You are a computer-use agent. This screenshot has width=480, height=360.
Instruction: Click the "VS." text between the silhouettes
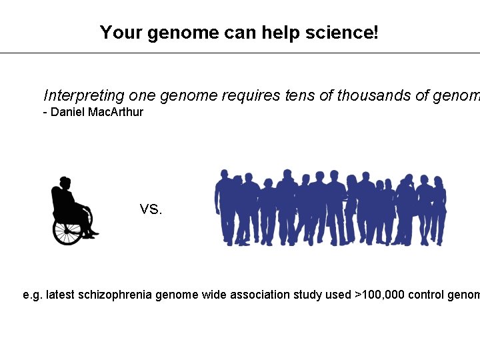click(x=151, y=210)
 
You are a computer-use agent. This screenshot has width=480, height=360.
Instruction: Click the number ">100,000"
click(x=379, y=295)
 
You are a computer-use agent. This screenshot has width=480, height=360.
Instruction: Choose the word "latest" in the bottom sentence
click(x=61, y=295)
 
